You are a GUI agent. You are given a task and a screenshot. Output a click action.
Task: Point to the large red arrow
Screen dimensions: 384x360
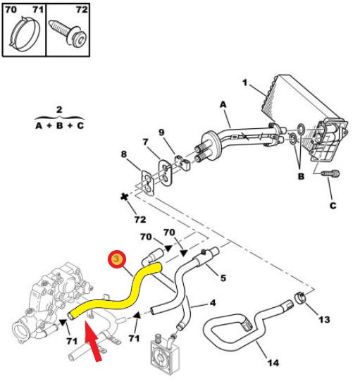[97, 341]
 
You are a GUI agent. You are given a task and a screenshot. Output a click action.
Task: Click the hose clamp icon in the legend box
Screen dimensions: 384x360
[24, 36]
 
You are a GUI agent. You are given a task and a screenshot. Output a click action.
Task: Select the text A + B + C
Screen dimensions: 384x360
[59, 125]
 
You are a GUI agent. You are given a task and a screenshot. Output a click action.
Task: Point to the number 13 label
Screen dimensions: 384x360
[324, 320]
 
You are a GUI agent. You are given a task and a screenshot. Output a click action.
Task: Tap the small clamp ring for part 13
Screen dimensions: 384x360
[299, 299]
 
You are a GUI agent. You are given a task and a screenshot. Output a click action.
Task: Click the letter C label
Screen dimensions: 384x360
[332, 205]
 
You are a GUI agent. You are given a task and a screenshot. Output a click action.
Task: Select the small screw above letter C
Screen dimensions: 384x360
[329, 173]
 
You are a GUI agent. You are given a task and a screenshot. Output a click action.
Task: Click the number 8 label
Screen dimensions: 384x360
[123, 154]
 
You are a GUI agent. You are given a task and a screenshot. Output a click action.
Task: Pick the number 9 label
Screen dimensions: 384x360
[161, 132]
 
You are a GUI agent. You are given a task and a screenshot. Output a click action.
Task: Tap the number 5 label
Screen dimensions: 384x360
[223, 278]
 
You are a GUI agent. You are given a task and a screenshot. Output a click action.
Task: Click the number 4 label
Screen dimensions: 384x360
[212, 304]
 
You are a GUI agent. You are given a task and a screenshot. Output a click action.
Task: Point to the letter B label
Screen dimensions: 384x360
[301, 176]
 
